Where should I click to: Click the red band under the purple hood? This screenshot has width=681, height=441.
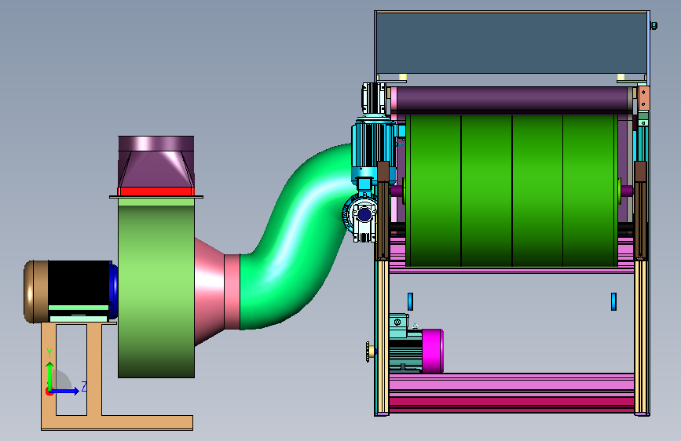coord(156,191)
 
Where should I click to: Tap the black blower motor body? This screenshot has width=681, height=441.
coord(79,283)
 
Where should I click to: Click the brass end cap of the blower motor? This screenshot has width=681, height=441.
coord(35,292)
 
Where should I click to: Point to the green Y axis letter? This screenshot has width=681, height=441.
coord(49,353)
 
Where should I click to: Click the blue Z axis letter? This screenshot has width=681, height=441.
coord(84,386)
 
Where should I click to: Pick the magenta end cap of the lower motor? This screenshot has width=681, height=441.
coord(432,351)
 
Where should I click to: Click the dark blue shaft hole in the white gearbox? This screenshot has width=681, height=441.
coord(364,214)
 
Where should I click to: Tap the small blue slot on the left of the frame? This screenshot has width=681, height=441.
coord(410,301)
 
